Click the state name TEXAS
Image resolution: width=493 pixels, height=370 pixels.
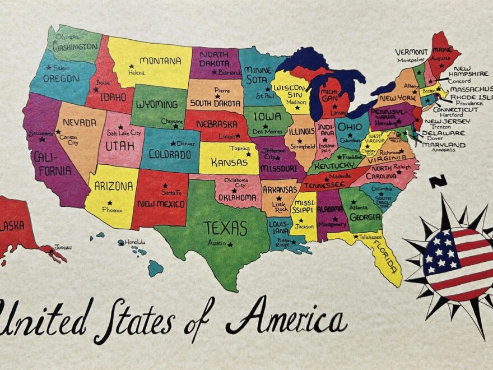[x=225, y=228]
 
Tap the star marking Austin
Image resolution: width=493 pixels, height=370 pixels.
[x=230, y=244]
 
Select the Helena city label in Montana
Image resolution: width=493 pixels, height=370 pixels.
[x=136, y=73]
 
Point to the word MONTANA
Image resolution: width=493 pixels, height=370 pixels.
[x=160, y=61]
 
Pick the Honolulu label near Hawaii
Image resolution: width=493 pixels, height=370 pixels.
[x=135, y=242]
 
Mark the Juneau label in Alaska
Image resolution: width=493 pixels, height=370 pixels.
[x=63, y=247]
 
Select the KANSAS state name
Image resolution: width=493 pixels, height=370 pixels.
[x=230, y=161]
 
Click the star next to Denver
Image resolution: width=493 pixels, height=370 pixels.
[x=173, y=144]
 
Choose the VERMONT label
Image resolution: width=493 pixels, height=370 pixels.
[x=411, y=52]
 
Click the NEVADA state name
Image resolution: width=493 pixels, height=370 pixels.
[x=79, y=122]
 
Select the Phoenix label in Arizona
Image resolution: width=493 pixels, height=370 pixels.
[x=112, y=210]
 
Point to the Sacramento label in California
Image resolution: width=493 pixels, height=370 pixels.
[x=41, y=133]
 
